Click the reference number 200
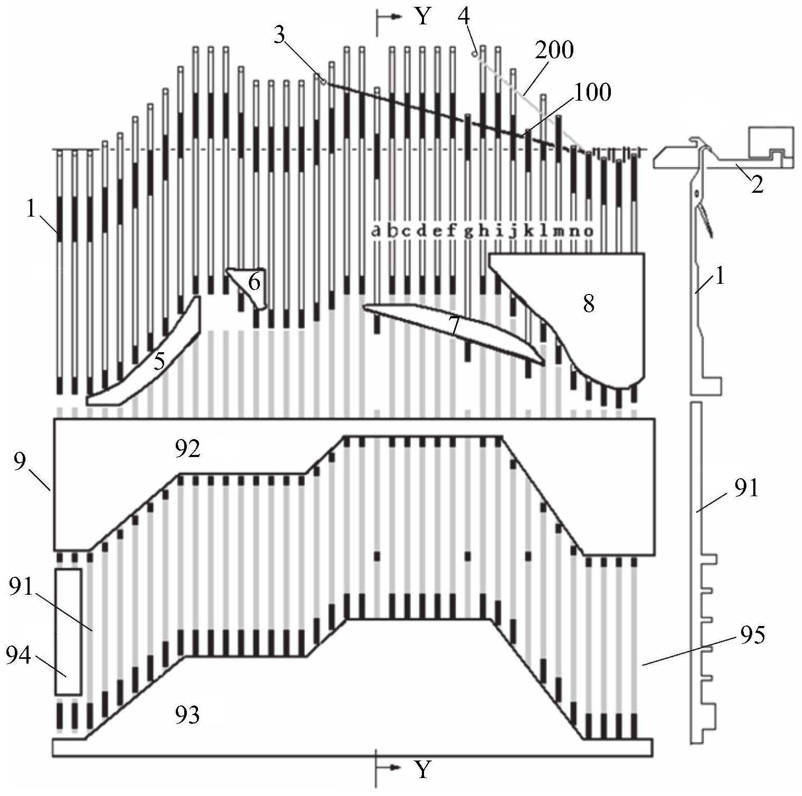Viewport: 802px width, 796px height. tap(554, 50)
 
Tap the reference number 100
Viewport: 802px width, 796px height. tap(593, 92)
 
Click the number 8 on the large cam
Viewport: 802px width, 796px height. tap(588, 304)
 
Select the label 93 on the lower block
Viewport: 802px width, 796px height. tap(188, 715)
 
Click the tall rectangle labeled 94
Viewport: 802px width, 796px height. tap(68, 632)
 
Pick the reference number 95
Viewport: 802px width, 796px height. tap(752, 634)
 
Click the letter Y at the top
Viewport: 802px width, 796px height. tap(422, 17)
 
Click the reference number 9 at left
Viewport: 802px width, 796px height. tap(20, 462)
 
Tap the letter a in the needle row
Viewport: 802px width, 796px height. tap(376, 231)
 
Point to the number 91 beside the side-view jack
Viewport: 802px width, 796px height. tap(746, 488)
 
